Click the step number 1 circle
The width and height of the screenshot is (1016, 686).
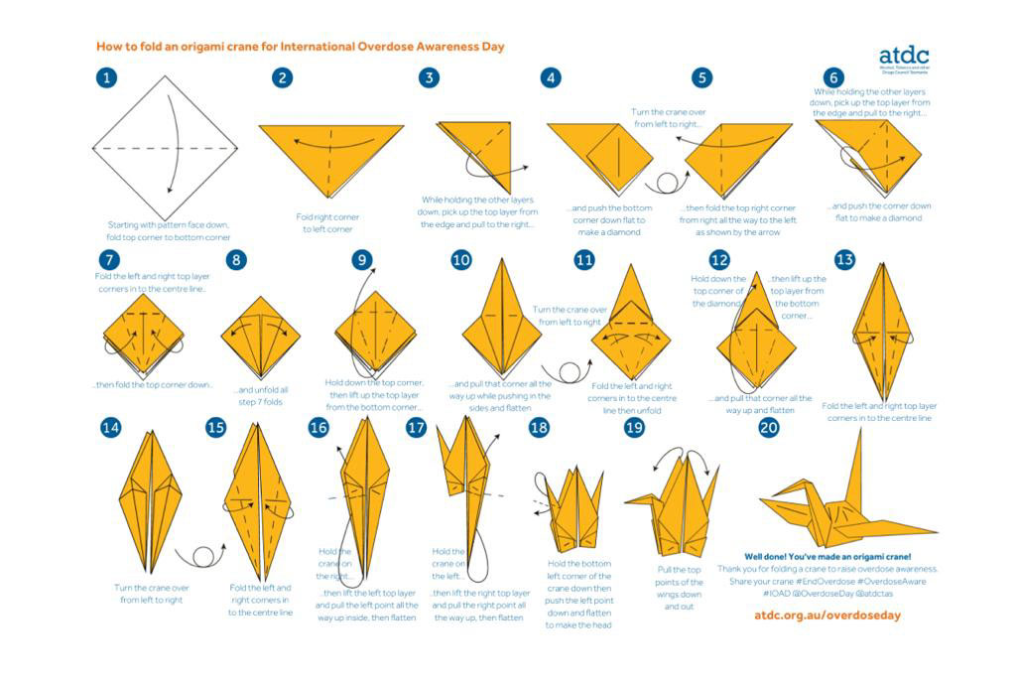(107, 78)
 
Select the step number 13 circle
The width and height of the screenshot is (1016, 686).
(844, 260)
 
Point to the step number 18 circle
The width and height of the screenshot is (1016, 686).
(539, 428)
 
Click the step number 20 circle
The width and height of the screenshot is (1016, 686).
(769, 428)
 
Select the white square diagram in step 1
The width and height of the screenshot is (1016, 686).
(165, 147)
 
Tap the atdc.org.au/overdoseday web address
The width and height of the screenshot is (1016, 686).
(826, 616)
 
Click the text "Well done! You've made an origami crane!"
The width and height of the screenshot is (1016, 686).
(826, 557)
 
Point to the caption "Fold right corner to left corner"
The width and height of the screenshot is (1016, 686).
(328, 222)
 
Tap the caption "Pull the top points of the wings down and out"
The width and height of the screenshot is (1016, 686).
(680, 588)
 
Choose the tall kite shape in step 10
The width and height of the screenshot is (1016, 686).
(500, 318)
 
